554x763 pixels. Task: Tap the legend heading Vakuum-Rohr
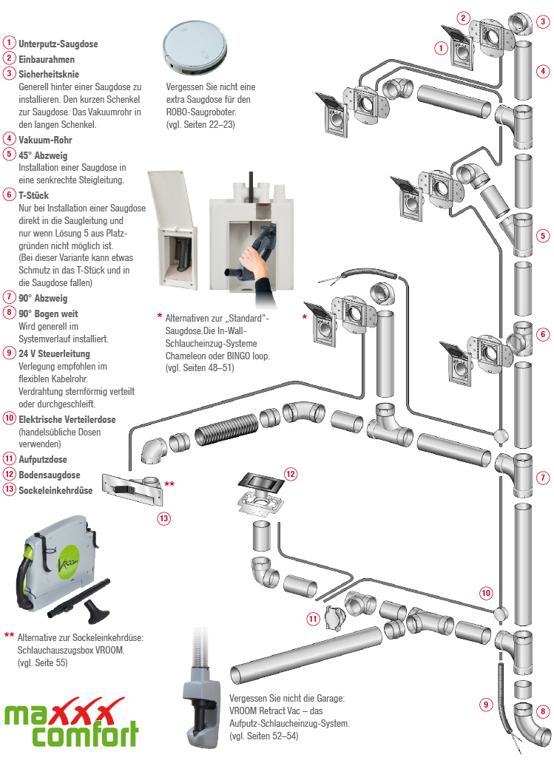click(x=45, y=139)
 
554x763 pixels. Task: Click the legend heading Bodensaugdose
click(x=50, y=475)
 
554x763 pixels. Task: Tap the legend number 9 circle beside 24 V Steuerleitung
click(x=9, y=353)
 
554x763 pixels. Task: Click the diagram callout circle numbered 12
click(x=291, y=474)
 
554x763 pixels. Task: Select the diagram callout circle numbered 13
click(x=163, y=519)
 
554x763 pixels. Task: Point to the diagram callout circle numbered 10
click(x=486, y=592)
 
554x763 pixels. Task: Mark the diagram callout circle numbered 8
click(x=544, y=712)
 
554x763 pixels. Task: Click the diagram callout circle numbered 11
click(x=313, y=618)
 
